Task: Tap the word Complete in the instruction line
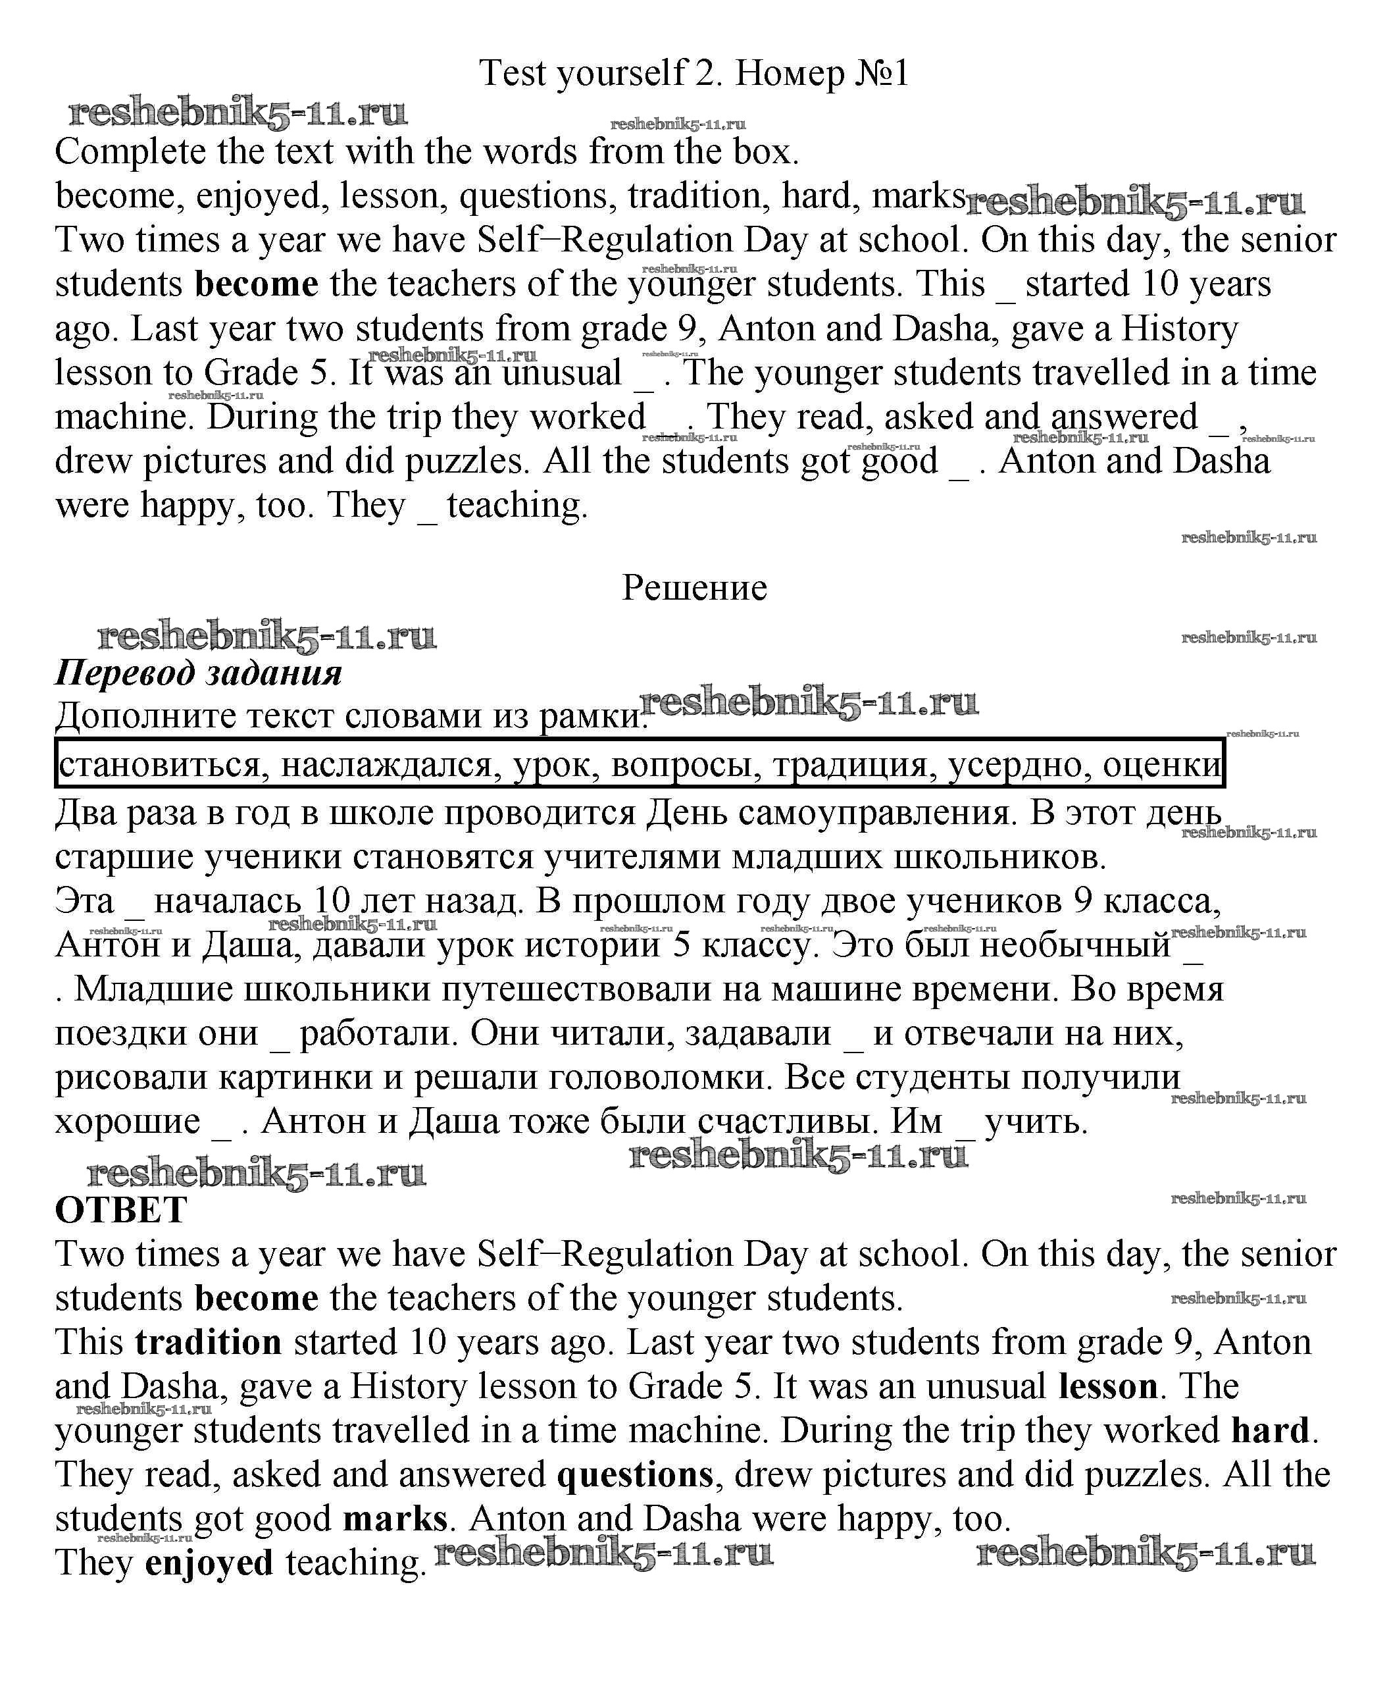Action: (x=130, y=152)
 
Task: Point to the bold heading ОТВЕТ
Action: (x=120, y=1209)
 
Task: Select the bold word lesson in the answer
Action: (x=1107, y=1386)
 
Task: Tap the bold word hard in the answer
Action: (x=1271, y=1430)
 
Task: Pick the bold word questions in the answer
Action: (x=634, y=1474)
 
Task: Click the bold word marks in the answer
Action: (x=395, y=1518)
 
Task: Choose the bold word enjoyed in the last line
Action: (x=209, y=1563)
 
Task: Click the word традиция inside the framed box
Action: (x=853, y=765)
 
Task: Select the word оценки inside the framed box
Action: (x=1162, y=765)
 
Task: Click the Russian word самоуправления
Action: (x=863, y=813)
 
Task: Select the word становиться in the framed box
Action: (x=160, y=765)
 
